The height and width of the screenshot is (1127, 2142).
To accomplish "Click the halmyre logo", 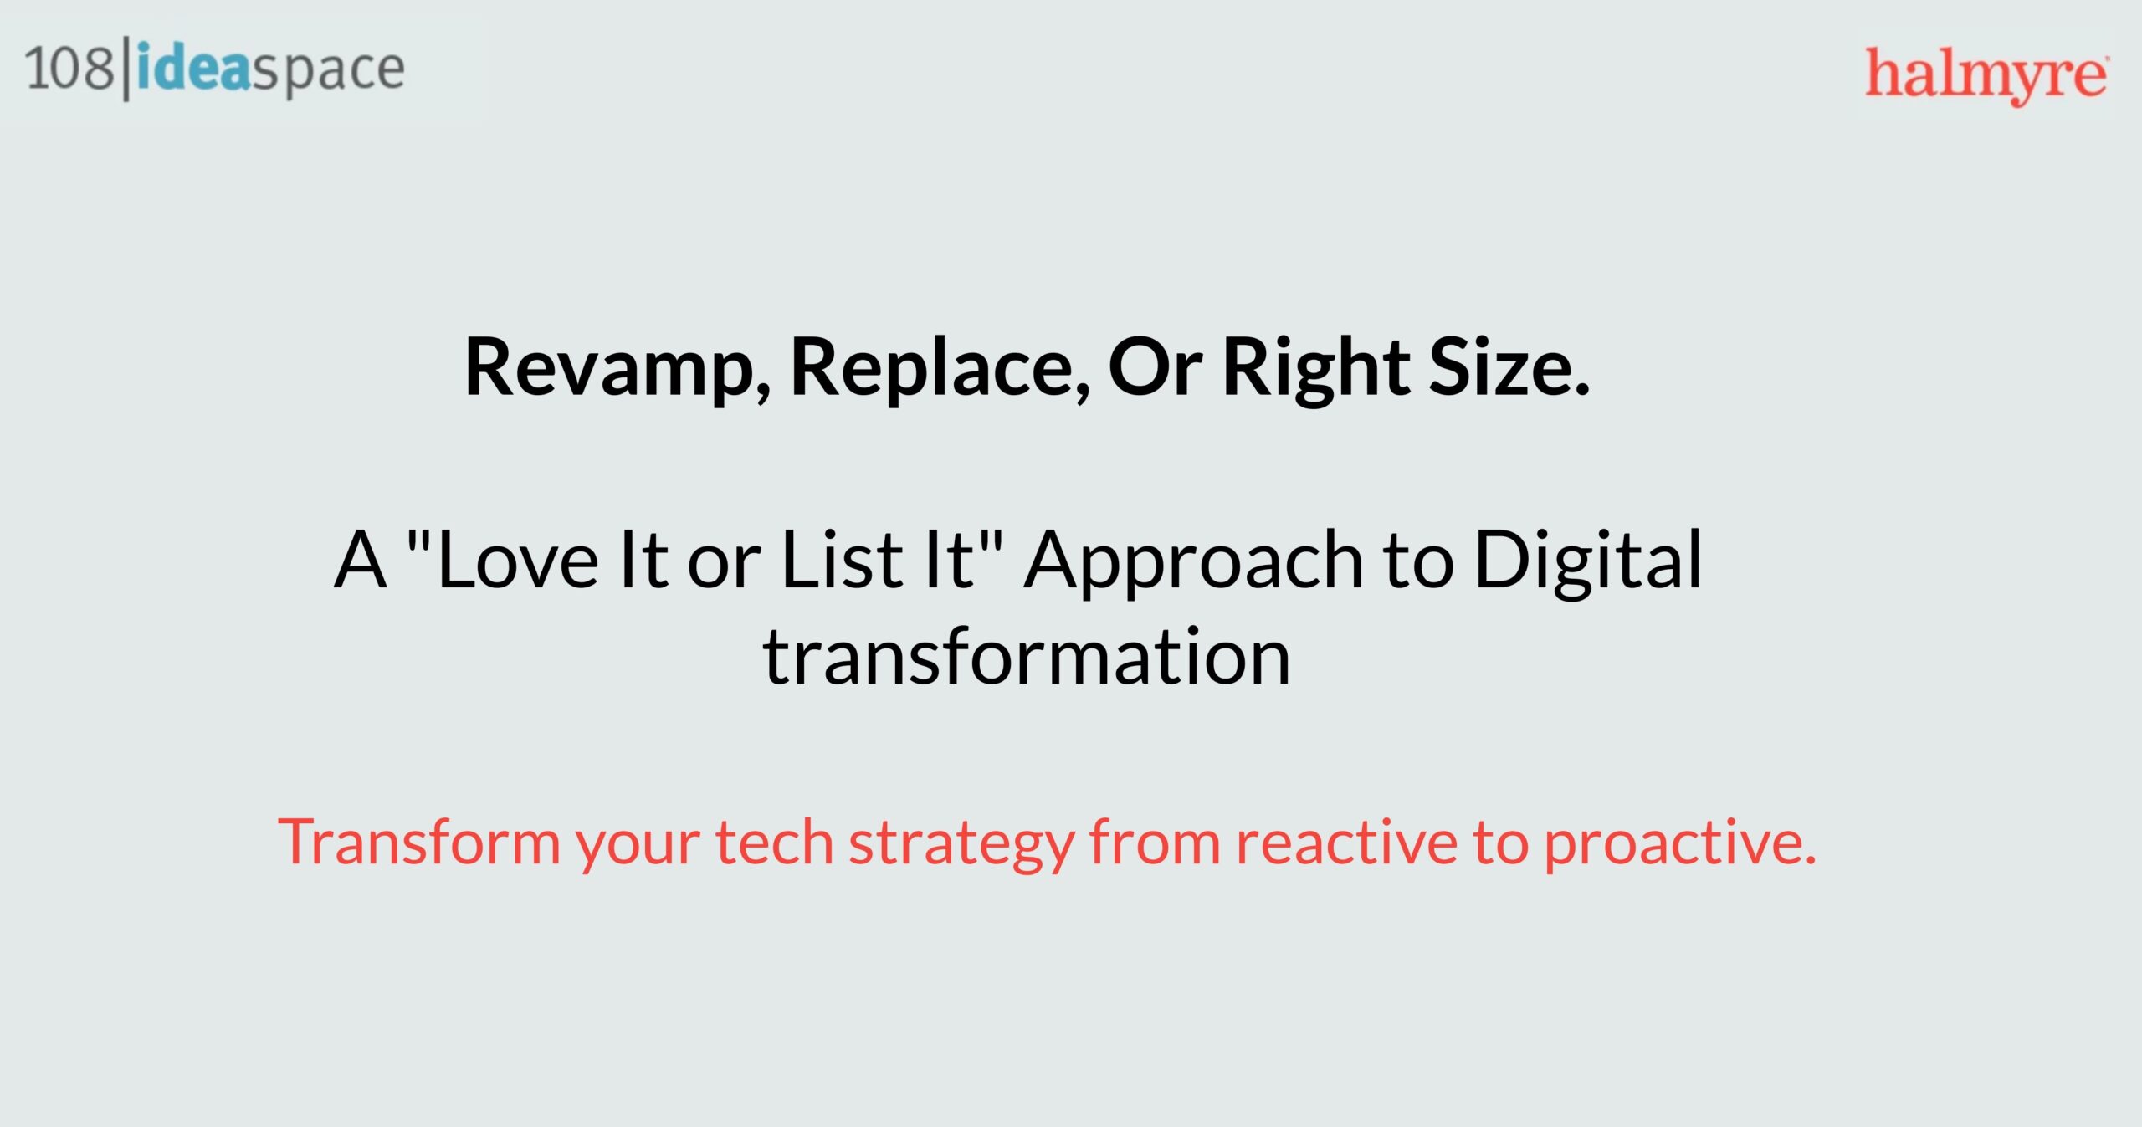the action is [1986, 76].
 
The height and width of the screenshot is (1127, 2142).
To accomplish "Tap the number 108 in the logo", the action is [69, 68].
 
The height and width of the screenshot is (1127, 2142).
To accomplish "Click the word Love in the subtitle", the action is [517, 560].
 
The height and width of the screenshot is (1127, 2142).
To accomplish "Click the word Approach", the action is [1195, 562].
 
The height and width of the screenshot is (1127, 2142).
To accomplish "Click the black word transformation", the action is [1027, 658].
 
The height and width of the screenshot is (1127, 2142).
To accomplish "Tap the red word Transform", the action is [419, 842].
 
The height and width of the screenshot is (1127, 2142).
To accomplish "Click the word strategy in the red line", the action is [962, 845].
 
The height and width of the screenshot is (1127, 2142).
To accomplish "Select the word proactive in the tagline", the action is [1680, 845].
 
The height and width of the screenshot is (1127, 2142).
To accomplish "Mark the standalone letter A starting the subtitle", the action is [361, 560].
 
